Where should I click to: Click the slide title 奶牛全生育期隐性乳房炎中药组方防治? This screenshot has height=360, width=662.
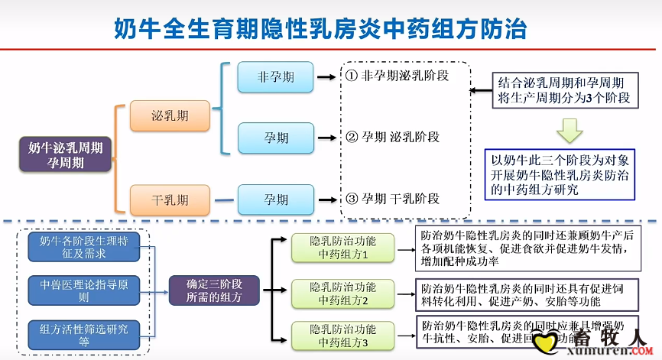(320, 28)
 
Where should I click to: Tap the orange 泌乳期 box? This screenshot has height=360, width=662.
(170, 116)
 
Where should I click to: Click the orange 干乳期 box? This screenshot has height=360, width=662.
(170, 200)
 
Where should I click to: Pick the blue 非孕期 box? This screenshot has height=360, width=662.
(275, 77)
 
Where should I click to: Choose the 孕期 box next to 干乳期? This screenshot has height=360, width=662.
(276, 200)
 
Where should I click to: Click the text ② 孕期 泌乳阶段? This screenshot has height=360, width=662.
(393, 138)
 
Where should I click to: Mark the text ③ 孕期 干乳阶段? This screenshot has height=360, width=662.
(393, 199)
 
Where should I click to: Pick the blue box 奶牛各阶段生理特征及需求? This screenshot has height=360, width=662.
(83, 247)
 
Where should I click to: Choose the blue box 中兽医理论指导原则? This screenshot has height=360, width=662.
(83, 290)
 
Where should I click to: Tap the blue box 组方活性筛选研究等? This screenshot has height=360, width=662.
(83, 334)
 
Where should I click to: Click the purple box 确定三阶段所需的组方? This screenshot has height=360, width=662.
(214, 290)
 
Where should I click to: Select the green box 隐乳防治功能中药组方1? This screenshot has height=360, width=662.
(343, 247)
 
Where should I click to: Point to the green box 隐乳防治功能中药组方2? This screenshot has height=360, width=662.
(343, 294)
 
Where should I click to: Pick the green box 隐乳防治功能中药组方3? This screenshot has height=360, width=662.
(343, 336)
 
